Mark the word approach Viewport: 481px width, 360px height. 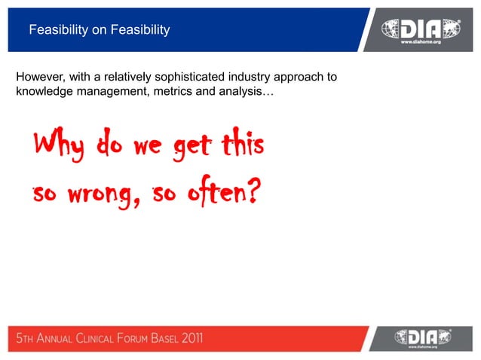[x=305, y=78]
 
